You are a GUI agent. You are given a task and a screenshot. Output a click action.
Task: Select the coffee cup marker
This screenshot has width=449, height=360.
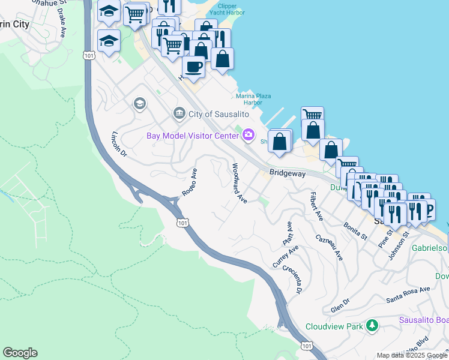tap(193, 67)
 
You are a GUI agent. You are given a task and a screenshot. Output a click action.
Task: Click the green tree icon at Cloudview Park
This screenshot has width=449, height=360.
tap(373, 326)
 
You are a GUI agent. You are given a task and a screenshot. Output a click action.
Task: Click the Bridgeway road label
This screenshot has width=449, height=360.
tap(287, 173)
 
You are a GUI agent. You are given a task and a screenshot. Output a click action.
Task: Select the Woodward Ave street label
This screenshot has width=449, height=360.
tap(240, 183)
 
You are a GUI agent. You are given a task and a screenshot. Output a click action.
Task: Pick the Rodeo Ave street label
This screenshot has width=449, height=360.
tap(190, 182)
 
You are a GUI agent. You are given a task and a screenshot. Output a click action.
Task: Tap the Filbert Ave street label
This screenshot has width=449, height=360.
tap(316, 205)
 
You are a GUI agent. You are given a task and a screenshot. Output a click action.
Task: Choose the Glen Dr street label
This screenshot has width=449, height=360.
tap(340, 306)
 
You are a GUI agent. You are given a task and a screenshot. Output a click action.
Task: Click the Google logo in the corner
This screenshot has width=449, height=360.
tap(20, 353)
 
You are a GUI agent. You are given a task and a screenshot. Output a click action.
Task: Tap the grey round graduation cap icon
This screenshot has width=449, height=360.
tap(140, 104)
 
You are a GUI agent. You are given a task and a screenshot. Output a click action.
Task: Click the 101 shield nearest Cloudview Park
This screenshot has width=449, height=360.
tap(306, 346)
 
